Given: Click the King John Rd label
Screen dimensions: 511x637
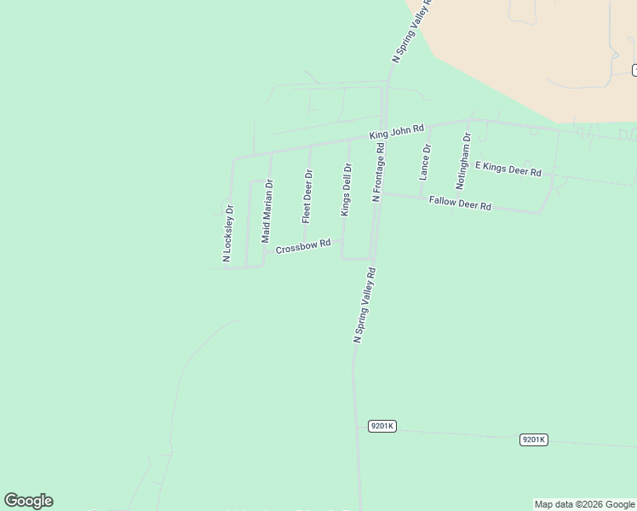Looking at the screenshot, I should [397, 131].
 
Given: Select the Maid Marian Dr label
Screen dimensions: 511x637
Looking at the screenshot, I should [267, 211].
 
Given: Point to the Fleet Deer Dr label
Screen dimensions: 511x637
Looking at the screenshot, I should [307, 196].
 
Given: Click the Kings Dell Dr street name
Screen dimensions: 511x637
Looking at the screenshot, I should [346, 189].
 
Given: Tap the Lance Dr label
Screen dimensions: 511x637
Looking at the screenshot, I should [426, 161].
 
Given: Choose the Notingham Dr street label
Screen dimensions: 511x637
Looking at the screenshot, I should [463, 160].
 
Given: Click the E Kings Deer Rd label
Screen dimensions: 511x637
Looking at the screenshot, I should [508, 169].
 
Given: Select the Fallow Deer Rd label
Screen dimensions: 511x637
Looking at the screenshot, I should [460, 204].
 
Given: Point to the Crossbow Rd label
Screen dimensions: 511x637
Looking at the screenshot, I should [302, 246].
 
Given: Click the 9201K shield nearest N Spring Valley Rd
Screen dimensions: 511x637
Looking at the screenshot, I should [382, 425].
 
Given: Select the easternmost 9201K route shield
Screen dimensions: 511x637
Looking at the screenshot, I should [533, 439].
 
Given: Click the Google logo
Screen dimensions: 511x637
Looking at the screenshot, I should [28, 501].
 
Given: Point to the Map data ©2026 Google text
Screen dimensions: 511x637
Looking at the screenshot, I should [584, 504].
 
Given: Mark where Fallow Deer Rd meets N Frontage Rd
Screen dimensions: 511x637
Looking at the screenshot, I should [380, 193].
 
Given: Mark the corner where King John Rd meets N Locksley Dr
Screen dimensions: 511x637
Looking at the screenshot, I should [233, 158].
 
